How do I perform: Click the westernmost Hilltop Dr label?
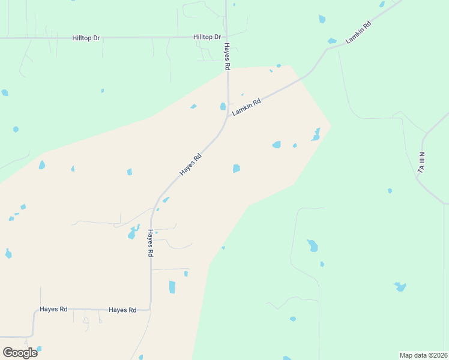[x=86, y=38]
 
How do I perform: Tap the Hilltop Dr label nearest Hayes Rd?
[x=207, y=37]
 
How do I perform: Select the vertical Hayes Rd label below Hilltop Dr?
[x=227, y=57]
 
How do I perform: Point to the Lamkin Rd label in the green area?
[x=358, y=32]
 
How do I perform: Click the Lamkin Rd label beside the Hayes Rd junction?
[x=247, y=107]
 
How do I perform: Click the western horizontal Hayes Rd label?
[x=53, y=309]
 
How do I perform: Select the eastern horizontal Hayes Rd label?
[x=122, y=310]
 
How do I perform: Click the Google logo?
[x=20, y=352]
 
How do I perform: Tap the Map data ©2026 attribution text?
[x=423, y=355]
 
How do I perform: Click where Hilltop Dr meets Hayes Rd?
[x=226, y=37]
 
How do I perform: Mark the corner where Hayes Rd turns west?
[x=149, y=309]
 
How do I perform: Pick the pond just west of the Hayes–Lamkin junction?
[x=223, y=107]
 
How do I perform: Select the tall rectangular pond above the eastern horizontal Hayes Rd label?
[x=172, y=287]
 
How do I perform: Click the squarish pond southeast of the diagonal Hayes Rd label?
[x=237, y=169]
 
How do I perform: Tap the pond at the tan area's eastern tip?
[x=315, y=135]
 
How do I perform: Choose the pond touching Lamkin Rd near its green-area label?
[x=332, y=41]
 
